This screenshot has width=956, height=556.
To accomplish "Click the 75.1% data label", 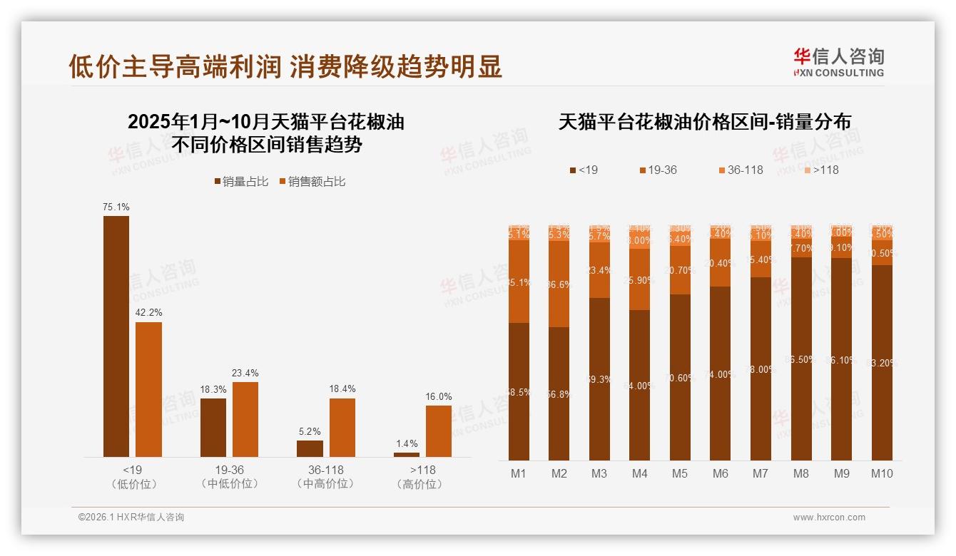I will point(116,207).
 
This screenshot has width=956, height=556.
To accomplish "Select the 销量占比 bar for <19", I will point(116,336).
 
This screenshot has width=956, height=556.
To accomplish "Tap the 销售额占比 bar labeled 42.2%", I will point(148,389).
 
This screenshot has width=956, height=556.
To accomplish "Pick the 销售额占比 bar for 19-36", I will point(245,419).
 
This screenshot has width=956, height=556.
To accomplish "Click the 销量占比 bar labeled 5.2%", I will point(310,448).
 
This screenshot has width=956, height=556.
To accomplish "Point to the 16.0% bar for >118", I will point(439,431).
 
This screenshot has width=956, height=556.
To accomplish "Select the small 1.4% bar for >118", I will point(407,454).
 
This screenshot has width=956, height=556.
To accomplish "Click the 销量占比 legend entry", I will point(241,182).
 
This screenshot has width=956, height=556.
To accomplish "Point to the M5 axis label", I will point(680,473).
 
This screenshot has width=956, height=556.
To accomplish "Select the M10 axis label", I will point(882,473).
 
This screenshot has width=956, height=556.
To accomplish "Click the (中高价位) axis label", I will point(325,484).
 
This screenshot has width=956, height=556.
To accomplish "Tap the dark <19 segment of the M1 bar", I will point(519,391).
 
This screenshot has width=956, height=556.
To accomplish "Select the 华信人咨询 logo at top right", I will point(838,62).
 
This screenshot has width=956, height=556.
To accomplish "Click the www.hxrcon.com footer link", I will point(829,518).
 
